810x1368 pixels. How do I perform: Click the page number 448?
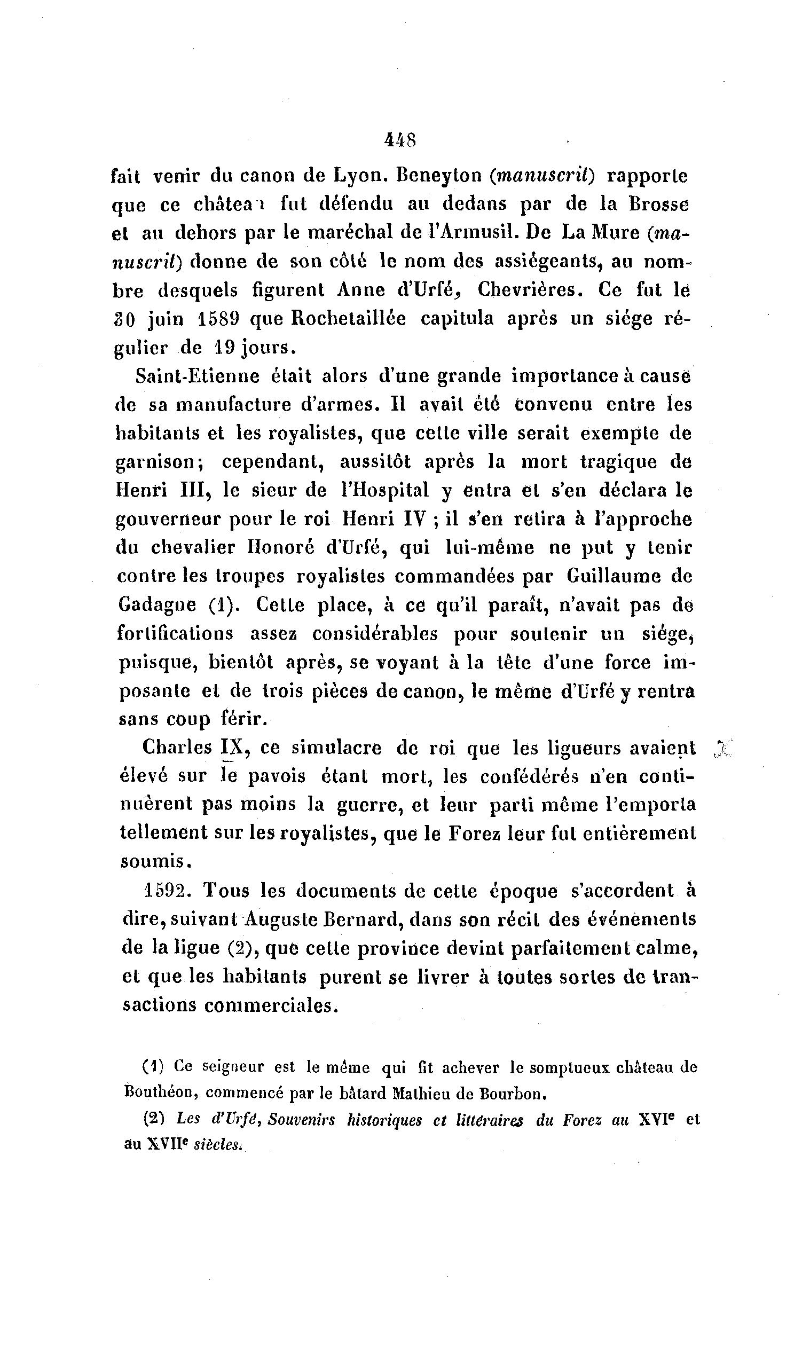point(400,140)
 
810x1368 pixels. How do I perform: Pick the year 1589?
point(217,318)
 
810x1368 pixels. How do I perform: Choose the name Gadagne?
point(157,604)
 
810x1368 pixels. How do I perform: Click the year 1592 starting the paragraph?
point(167,891)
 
